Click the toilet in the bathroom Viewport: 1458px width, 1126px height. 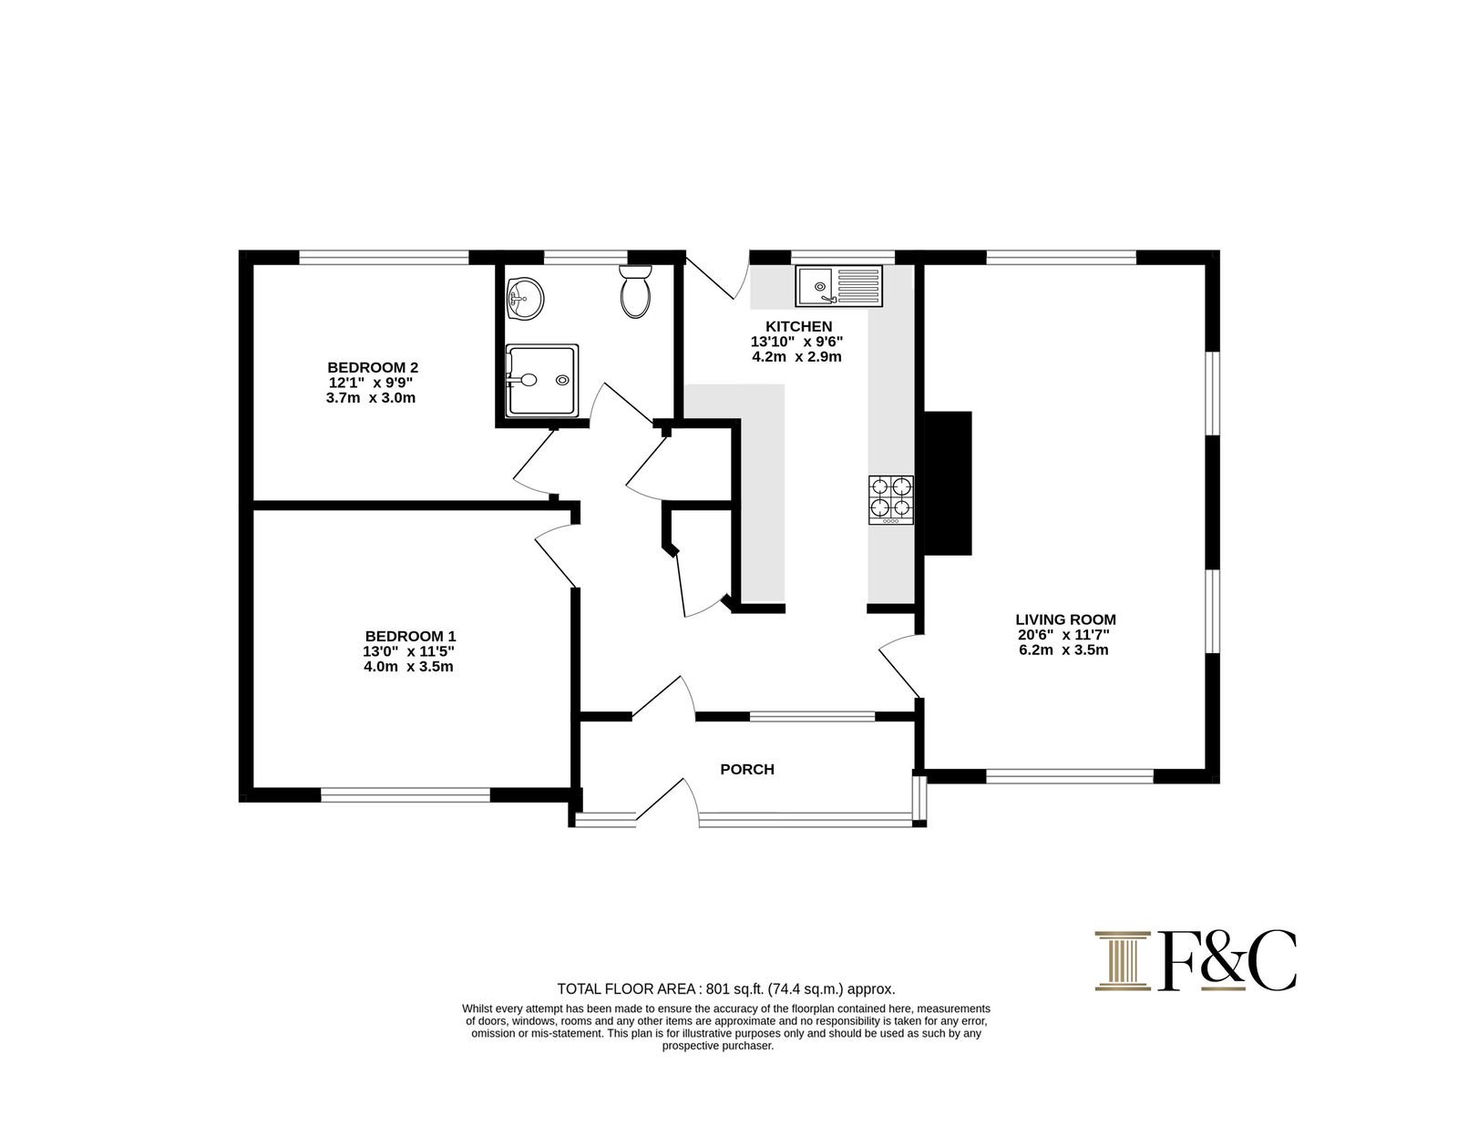click(x=635, y=291)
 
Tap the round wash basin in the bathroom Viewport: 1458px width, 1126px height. click(x=526, y=299)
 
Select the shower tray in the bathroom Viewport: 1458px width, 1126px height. click(x=542, y=380)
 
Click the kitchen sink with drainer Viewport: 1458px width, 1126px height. click(x=838, y=285)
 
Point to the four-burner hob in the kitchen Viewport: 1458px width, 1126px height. click(x=891, y=499)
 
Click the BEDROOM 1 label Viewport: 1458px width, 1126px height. click(x=410, y=636)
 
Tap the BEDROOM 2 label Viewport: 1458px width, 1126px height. click(x=373, y=367)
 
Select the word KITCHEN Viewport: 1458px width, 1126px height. click(x=798, y=327)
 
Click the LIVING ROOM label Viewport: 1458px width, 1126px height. click(x=1065, y=619)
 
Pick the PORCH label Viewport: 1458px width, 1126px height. click(x=747, y=769)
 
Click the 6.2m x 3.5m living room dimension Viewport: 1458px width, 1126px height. click(x=1063, y=650)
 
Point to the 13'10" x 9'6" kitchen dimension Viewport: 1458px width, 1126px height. click(x=796, y=342)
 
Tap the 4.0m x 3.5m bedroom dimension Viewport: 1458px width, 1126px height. click(x=408, y=667)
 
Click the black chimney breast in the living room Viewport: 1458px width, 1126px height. click(x=948, y=483)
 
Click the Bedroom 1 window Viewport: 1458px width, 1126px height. click(x=406, y=794)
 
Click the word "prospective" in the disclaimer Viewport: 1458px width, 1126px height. click(x=691, y=1046)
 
